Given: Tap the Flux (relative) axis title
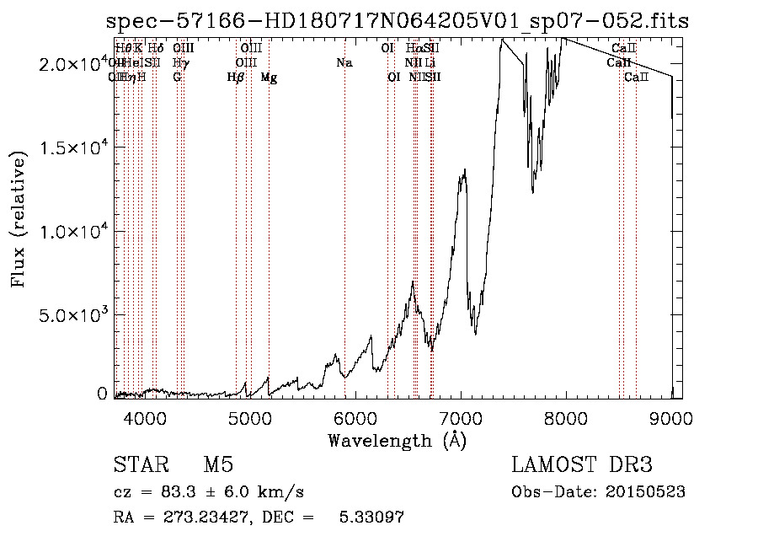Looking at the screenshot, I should pyautogui.click(x=19, y=217).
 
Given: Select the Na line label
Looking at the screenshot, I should pyautogui.click(x=344, y=62).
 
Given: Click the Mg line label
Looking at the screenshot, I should pyautogui.click(x=269, y=78).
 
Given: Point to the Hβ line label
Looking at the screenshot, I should pyautogui.click(x=236, y=78).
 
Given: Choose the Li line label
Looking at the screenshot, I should pyautogui.click(x=430, y=62).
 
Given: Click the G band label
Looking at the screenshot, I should pyautogui.click(x=177, y=78).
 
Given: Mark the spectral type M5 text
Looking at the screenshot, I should pyautogui.click(x=218, y=465).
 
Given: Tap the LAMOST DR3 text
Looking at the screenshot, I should pyautogui.click(x=582, y=465).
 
